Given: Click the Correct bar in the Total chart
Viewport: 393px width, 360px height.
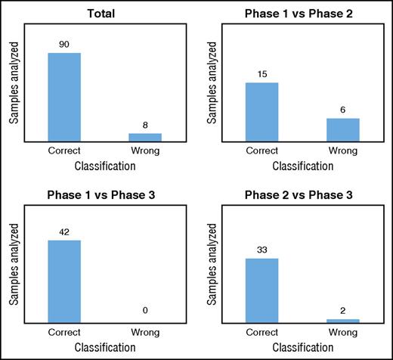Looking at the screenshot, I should coord(64,96).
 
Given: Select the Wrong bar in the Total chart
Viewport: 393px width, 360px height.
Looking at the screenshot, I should coord(145,136).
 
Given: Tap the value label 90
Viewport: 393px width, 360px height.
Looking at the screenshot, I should coord(64,44).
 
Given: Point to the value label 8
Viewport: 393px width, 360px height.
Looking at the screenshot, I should coord(145,125).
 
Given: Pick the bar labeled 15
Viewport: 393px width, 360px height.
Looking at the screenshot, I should coord(262,111).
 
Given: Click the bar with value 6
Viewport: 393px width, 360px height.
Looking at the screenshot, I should coord(343,129).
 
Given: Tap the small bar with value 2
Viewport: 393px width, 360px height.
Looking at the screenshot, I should coord(343,321).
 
